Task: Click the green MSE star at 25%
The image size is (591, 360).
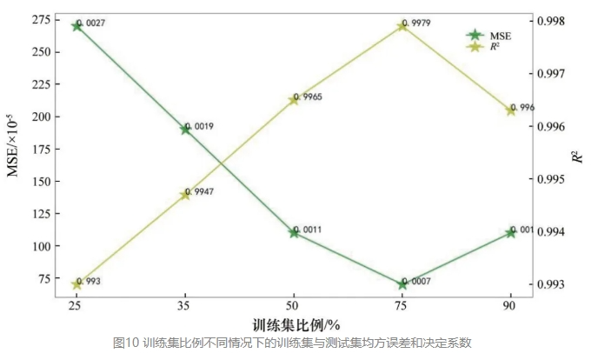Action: click(76, 26)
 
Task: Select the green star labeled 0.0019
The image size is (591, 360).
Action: click(185, 130)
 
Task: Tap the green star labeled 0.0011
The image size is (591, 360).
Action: click(294, 232)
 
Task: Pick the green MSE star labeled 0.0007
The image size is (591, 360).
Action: click(402, 284)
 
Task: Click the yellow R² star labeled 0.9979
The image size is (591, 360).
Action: click(402, 26)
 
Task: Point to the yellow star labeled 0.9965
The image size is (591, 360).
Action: click(294, 100)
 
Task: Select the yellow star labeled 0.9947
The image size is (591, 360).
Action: click(185, 195)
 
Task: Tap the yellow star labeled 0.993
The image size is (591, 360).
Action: click(76, 284)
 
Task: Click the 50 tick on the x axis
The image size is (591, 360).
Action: click(294, 306)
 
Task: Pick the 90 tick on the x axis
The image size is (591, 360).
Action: click(511, 306)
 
